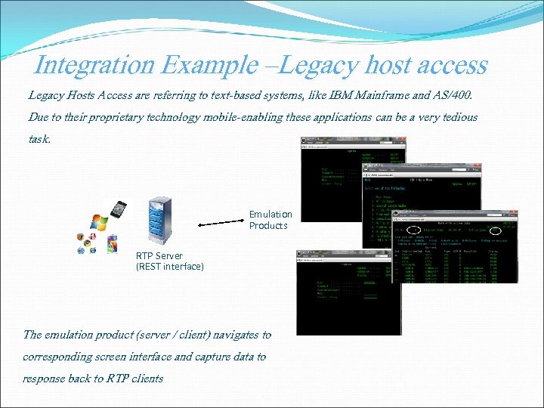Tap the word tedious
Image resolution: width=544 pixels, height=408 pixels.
(456, 117)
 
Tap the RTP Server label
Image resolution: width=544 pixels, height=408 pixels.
(159, 255)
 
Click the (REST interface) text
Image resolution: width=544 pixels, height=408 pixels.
(169, 266)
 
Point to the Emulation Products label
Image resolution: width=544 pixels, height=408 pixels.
(270, 220)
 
